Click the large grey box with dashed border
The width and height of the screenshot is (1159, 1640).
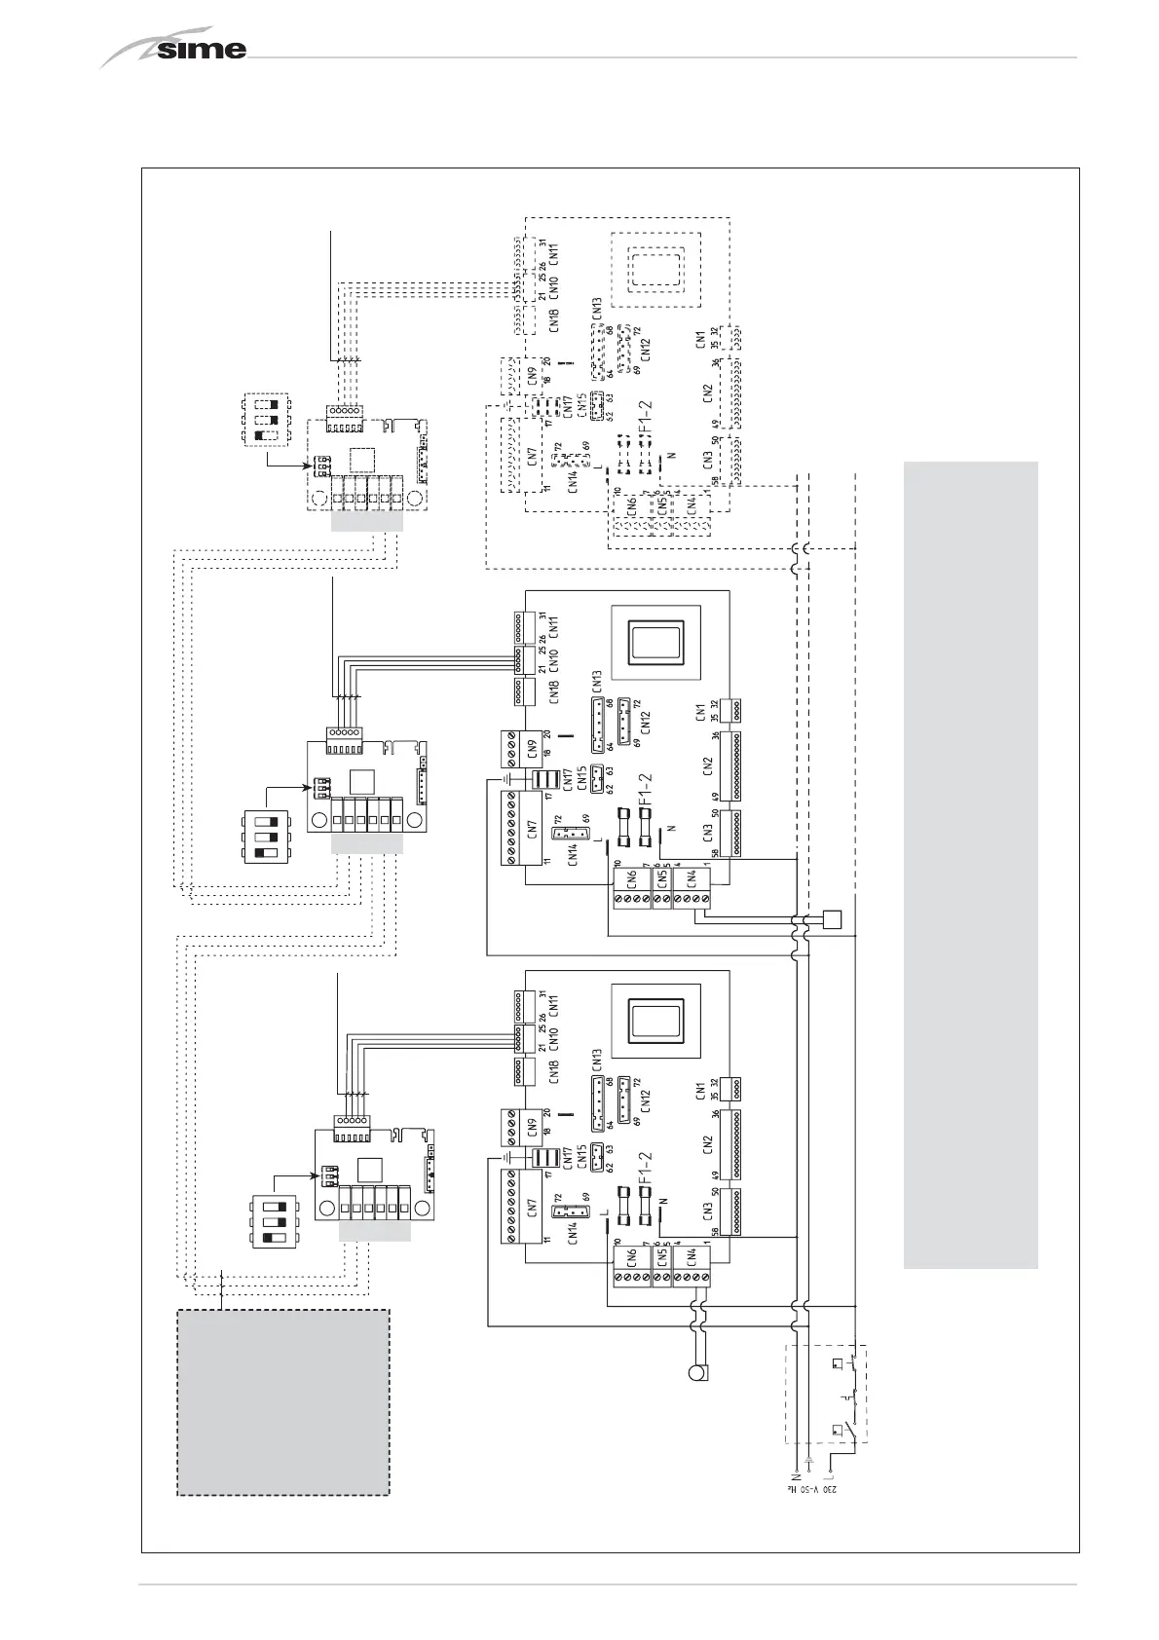tap(282, 1402)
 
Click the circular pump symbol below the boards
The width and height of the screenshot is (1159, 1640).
tap(696, 1373)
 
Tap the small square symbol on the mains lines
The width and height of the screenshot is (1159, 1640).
tap(832, 917)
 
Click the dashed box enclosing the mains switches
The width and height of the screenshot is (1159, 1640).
tap(826, 1394)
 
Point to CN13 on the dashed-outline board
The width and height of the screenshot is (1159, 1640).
tap(597, 308)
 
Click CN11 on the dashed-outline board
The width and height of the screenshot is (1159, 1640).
tap(554, 254)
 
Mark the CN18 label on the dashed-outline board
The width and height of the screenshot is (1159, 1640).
tap(554, 320)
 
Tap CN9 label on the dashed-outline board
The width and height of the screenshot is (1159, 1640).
tap(533, 375)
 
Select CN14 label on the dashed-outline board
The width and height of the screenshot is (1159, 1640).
tap(573, 478)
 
